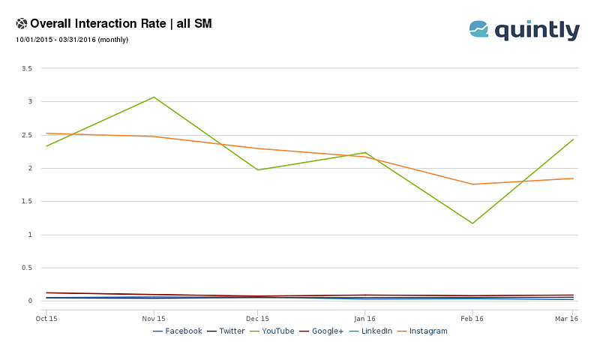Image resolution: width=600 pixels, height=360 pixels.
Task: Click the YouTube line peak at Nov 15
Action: pyautogui.click(x=154, y=97)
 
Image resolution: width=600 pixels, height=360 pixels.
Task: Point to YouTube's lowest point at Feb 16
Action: pyautogui.click(x=472, y=223)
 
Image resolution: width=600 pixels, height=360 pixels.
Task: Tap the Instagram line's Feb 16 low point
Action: pyautogui.click(x=472, y=184)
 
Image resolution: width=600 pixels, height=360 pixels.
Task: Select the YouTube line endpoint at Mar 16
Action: pyautogui.click(x=573, y=139)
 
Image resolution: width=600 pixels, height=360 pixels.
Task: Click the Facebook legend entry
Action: pyautogui.click(x=178, y=331)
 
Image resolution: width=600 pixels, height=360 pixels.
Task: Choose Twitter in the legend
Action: pyautogui.click(x=226, y=331)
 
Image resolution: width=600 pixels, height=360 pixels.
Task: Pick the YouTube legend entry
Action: pyautogui.click(x=272, y=331)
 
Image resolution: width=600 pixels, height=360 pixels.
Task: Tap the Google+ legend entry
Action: pyautogui.click(x=322, y=331)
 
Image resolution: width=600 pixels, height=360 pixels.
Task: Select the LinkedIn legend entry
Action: pyautogui.click(x=370, y=331)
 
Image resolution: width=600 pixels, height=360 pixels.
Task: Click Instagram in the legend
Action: pyautogui.click(x=422, y=331)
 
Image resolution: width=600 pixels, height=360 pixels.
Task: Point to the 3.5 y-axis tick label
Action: pyautogui.click(x=27, y=68)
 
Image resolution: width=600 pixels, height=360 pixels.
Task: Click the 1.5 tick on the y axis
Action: pyautogui.click(x=27, y=201)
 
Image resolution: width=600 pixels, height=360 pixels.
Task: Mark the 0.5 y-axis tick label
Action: pyautogui.click(x=27, y=268)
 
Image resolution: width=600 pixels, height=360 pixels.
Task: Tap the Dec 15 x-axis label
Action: pyautogui.click(x=257, y=319)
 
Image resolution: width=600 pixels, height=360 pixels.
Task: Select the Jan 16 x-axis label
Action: pyautogui.click(x=364, y=319)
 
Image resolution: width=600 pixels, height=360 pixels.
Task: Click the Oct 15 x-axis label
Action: pyautogui.click(x=46, y=319)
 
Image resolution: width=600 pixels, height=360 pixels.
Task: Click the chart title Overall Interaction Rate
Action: pyautogui.click(x=98, y=23)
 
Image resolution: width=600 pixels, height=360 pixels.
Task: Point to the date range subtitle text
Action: pyautogui.click(x=72, y=40)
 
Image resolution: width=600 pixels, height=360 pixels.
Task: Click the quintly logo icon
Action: pyautogui.click(x=478, y=29)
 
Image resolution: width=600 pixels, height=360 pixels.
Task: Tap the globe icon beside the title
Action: pyautogui.click(x=22, y=24)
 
